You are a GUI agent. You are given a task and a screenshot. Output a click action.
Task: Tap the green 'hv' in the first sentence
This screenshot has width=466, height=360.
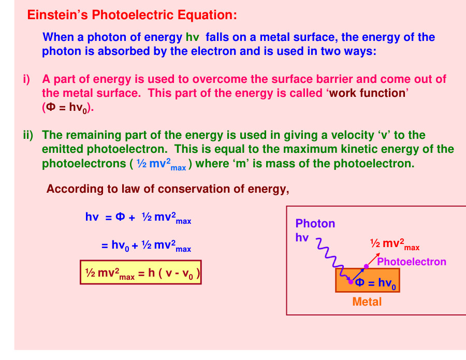tap(192, 37)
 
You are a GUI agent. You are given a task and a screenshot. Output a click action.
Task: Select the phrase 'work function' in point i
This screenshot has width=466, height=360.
tap(368, 93)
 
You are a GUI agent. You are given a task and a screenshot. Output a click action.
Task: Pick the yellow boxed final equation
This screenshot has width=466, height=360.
tap(140, 272)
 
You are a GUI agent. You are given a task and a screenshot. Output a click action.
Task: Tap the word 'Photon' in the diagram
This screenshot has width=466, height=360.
tap(315, 224)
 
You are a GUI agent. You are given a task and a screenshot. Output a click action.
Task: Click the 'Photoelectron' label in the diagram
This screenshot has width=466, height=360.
tap(412, 262)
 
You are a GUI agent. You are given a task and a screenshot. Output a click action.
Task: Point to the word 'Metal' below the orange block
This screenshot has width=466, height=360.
tap(367, 301)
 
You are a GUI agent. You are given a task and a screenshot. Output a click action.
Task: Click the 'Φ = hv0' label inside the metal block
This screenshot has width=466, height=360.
tap(376, 283)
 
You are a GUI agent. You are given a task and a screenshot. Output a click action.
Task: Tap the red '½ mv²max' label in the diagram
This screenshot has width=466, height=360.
tap(394, 244)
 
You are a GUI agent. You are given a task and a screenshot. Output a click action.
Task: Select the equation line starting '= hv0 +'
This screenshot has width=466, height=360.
tap(146, 246)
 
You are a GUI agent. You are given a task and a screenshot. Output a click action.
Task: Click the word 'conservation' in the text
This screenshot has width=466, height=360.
tap(197, 189)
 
